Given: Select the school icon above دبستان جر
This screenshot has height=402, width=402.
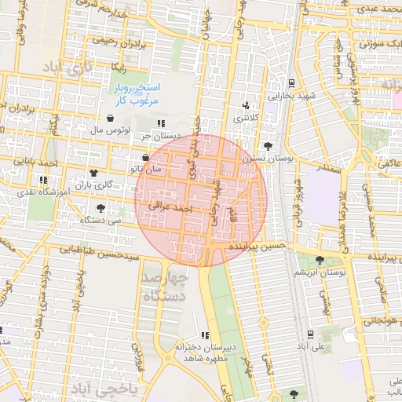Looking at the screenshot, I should pyautogui.click(x=161, y=124).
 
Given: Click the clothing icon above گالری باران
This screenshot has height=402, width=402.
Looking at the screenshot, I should pyautogui.click(x=94, y=174).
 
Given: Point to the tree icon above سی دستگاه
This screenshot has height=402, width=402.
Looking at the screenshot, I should pyautogui.click(x=100, y=208).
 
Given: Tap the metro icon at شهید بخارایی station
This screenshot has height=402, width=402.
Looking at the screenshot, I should pyautogui.click(x=291, y=83).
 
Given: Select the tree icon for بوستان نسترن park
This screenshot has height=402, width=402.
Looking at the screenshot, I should pyautogui.click(x=269, y=146).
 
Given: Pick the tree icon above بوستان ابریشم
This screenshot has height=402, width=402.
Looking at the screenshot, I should pyautogui.click(x=319, y=260).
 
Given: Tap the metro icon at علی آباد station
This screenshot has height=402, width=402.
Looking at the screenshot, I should pyautogui.click(x=311, y=334).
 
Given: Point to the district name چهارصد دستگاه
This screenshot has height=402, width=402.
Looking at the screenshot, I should pyautogui.click(x=166, y=287).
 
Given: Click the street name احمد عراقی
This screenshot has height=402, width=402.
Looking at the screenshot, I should pyautogui.click(x=174, y=210).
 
